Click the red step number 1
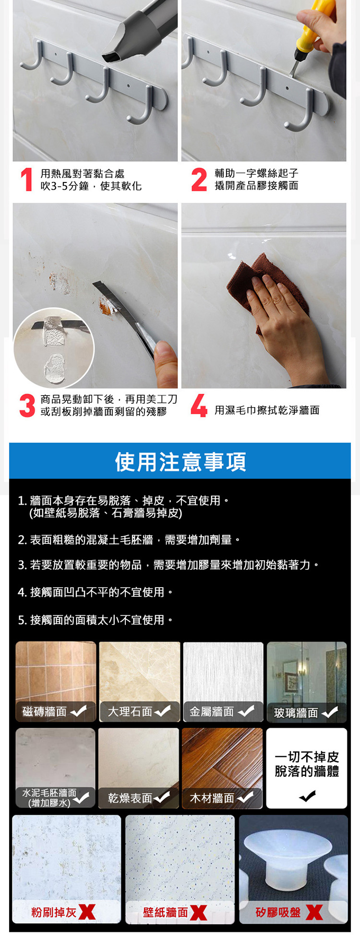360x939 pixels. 27,180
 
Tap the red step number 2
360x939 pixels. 199,180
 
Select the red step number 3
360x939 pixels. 27,406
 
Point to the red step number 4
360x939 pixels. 199,406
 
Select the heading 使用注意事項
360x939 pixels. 180,461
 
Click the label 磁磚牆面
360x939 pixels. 45,711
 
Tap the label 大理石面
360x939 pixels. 130,711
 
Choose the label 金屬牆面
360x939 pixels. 212,711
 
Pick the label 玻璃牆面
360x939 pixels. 296,713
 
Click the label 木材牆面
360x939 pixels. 212,798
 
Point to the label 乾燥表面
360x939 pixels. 130,798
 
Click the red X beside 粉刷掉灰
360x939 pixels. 87,912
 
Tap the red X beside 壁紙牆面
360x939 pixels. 198,912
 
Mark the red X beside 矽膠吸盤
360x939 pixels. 314,912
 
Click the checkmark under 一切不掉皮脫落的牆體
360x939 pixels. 307,796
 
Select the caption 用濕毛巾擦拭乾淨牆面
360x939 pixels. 267,410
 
